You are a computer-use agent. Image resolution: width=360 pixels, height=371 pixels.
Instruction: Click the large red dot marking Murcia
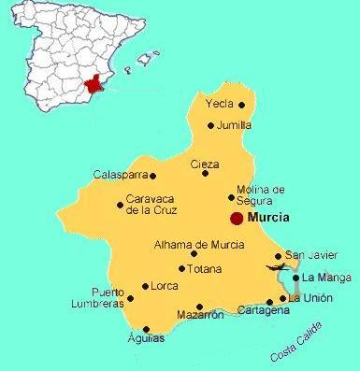(x=237, y=217)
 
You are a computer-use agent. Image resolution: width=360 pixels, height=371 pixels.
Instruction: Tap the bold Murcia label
(x=267, y=217)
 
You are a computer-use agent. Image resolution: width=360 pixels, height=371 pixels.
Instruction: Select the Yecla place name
(x=220, y=105)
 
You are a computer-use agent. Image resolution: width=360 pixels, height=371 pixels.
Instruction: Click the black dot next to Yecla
(x=242, y=105)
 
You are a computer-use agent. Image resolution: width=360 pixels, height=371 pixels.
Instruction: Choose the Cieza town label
(x=205, y=164)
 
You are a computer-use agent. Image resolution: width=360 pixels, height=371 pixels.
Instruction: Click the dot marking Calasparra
(x=153, y=175)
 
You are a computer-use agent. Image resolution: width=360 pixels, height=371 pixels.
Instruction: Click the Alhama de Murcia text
(x=199, y=245)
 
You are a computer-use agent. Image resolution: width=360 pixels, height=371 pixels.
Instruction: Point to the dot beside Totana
(x=181, y=268)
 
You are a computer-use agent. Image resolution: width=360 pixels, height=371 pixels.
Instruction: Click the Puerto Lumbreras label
(x=96, y=297)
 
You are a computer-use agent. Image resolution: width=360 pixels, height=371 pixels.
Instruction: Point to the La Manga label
(x=325, y=278)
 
